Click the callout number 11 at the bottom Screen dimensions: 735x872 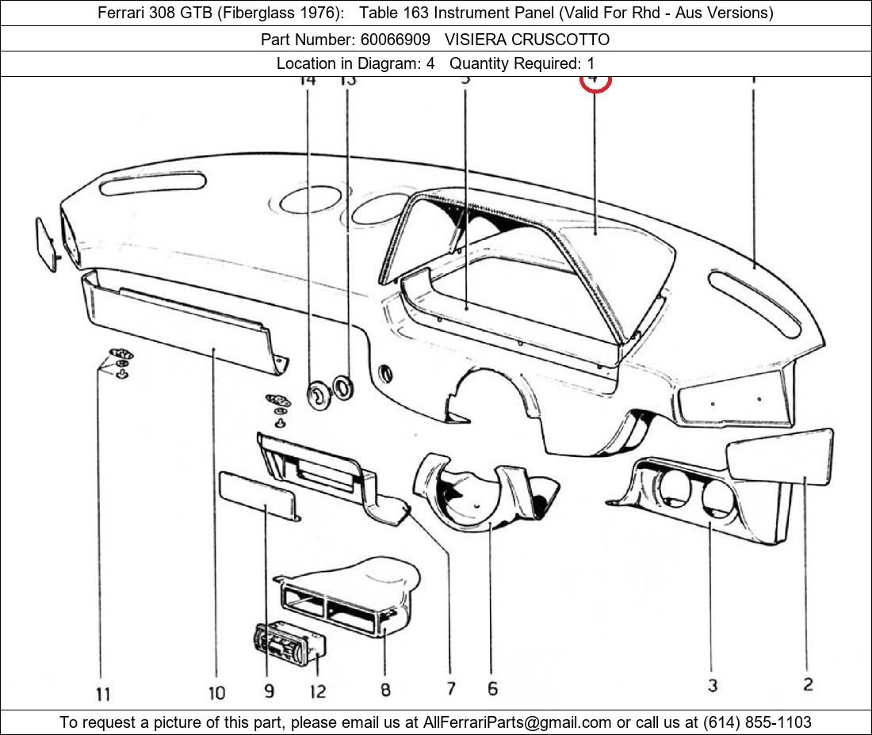[103, 695]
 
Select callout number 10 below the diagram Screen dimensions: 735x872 [216, 693]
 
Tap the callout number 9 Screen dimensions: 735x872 [270, 691]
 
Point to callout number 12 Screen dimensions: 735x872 [317, 691]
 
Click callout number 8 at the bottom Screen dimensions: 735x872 [385, 690]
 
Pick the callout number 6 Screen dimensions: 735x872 [492, 688]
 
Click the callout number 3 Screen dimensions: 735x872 [713, 685]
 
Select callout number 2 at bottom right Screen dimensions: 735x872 [808, 684]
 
